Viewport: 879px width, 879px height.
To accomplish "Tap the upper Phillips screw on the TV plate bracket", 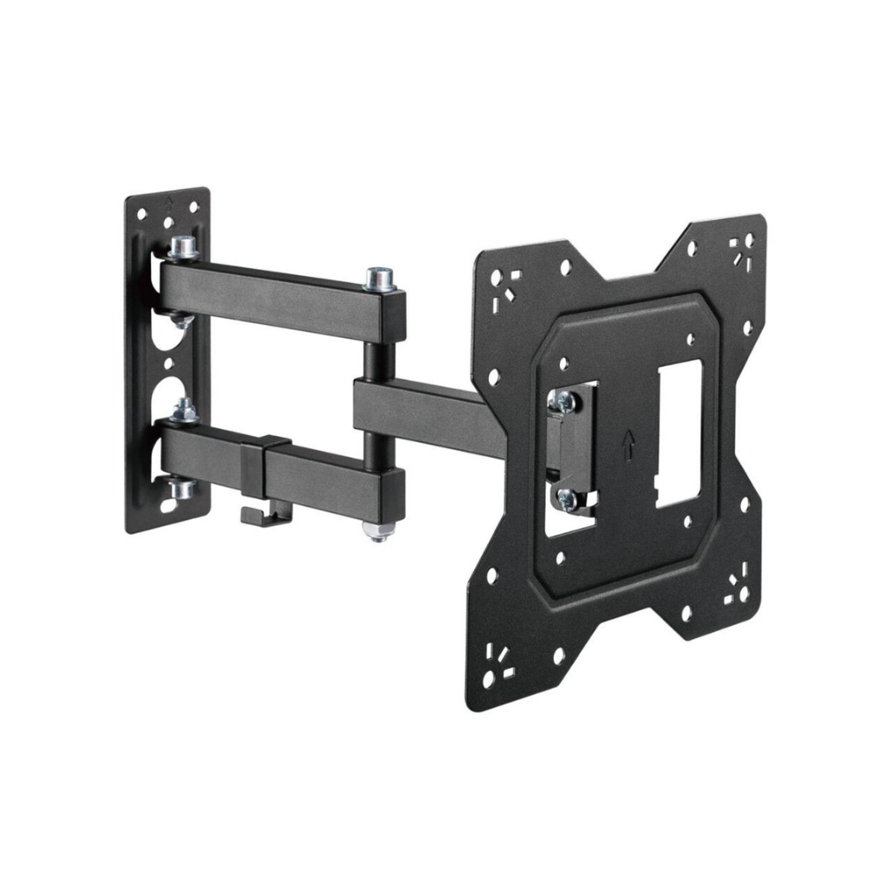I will (x=563, y=402).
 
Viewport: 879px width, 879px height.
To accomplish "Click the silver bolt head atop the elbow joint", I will (x=378, y=278).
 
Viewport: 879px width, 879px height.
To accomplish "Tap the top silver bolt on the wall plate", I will (x=183, y=249).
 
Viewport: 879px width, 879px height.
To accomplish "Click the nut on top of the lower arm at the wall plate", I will (x=184, y=410).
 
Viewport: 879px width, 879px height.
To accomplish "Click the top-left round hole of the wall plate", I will (x=139, y=212).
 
